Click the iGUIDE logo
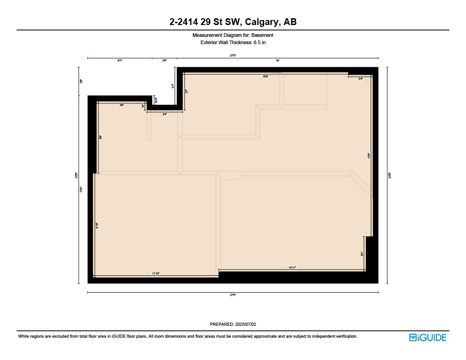pyautogui.click(x=427, y=337)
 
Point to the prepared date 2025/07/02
pyautogui.click(x=246, y=325)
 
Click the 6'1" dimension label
pyautogui.click(x=120, y=60)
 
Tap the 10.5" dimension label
pyautogui.click(x=156, y=100)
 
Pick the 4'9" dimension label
pyautogui.click(x=122, y=105)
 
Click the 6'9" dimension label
pyautogui.click(x=100, y=137)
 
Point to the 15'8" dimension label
pyautogui.click(x=265, y=76)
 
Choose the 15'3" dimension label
pyautogui.click(x=370, y=155)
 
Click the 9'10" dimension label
pyautogui.click(x=97, y=225)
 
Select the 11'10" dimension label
pyautogui.click(x=156, y=274)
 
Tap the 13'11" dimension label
pyautogui.click(x=292, y=268)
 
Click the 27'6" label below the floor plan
pyautogui.click(x=233, y=295)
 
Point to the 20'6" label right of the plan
pyautogui.click(x=390, y=175)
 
